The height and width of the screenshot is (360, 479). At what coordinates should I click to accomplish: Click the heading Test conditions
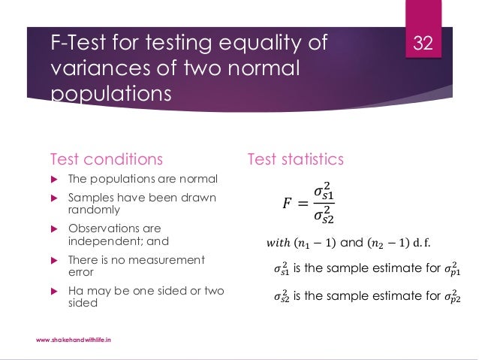[106, 159]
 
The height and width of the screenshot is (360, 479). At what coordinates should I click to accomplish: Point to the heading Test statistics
[296, 159]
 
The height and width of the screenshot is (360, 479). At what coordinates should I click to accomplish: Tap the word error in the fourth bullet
[81, 273]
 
